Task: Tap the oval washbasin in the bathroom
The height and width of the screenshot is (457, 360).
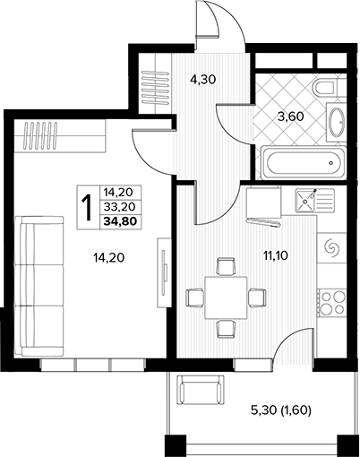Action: tap(338, 122)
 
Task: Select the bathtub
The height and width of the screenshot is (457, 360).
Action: tap(304, 163)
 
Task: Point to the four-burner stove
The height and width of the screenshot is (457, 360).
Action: tap(331, 302)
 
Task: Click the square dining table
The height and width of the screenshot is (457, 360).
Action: tap(226, 297)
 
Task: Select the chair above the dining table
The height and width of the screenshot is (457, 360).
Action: tap(226, 266)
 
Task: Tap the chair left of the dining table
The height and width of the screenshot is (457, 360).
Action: tap(195, 297)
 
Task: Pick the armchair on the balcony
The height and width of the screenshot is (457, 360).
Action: tap(201, 390)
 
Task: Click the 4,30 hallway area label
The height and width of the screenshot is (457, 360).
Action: tap(203, 80)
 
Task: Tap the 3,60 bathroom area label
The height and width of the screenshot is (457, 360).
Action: tap(291, 116)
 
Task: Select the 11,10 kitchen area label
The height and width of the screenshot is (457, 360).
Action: tap(275, 255)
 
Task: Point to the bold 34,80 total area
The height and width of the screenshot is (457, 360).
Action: tap(120, 221)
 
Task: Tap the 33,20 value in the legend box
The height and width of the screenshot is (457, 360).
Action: tap(120, 206)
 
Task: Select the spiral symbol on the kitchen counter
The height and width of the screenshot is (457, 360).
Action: tap(331, 247)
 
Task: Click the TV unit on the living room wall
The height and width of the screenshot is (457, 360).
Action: tap(164, 272)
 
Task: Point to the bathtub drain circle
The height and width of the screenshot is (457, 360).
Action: tap(330, 163)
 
